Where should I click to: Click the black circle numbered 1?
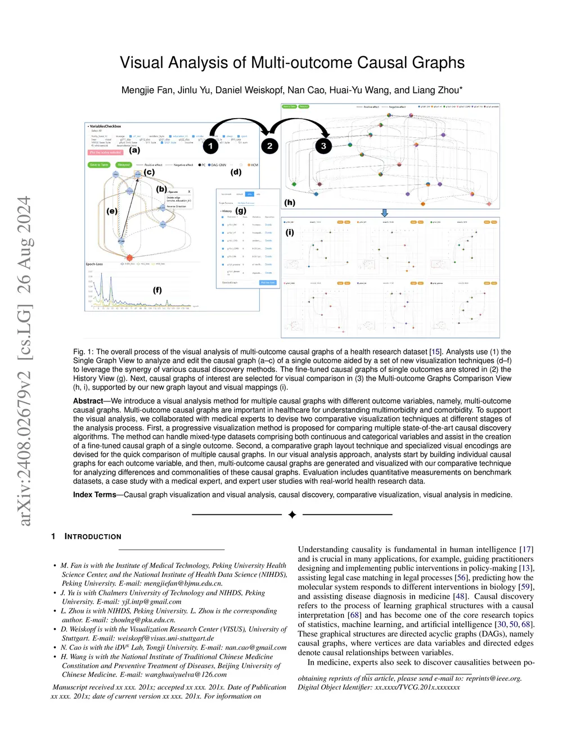click(210, 146)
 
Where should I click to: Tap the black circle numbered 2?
click(269, 146)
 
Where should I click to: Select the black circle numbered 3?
click(323, 146)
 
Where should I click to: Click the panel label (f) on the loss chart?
click(157, 290)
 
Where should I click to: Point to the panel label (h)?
click(290, 202)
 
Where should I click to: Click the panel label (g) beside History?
click(241, 210)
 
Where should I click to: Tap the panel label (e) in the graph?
click(112, 211)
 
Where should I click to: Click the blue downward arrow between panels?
click(385, 213)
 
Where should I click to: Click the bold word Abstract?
click(88, 401)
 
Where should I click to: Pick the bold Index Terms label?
click(94, 495)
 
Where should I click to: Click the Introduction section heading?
click(93, 536)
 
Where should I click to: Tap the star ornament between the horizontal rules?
click(292, 514)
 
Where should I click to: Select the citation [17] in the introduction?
click(526, 549)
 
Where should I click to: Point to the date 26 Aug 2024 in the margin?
click(24, 245)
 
